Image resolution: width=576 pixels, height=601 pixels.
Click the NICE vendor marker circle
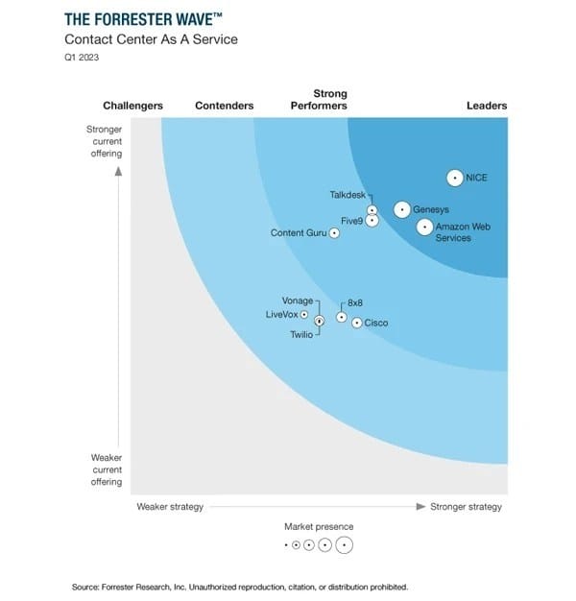[x=455, y=178]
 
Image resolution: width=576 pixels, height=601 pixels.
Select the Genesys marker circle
[x=401, y=209]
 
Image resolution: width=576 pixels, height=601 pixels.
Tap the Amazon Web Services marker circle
[x=424, y=227]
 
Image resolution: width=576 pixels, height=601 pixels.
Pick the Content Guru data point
[x=334, y=232]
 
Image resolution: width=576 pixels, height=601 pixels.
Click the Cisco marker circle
[x=356, y=324]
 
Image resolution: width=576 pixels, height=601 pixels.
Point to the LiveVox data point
[x=304, y=314]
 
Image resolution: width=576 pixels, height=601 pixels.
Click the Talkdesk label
[x=348, y=194]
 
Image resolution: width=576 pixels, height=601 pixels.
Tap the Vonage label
[x=298, y=300]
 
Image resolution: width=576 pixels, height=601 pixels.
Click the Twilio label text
[x=301, y=334]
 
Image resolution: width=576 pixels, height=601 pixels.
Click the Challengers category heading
[x=132, y=106]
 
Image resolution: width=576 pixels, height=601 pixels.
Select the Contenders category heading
[x=225, y=106]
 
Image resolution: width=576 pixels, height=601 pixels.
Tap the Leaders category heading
[x=487, y=106]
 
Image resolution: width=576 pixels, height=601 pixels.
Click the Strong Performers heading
[x=319, y=100]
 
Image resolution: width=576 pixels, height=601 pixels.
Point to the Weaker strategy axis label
[x=170, y=507]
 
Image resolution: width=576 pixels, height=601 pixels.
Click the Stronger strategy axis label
[x=466, y=507]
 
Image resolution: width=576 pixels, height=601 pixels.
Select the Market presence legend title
[x=319, y=526]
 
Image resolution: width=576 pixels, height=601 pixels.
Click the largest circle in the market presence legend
[x=344, y=545]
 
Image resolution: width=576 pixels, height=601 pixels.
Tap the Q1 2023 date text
[x=82, y=57]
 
